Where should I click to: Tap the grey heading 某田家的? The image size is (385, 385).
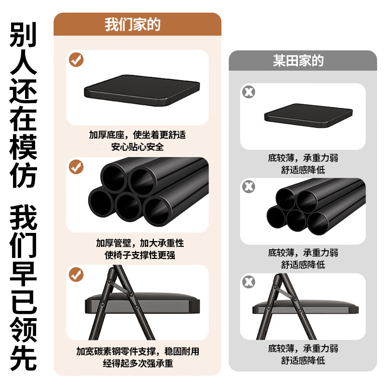click(298, 61)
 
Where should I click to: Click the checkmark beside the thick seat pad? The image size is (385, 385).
click(76, 60)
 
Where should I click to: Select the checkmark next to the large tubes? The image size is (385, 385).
click(76, 167)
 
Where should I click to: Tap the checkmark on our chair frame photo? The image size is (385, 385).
click(76, 275)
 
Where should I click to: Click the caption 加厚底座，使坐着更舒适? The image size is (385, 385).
click(137, 135)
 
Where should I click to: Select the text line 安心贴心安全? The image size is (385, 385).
click(137, 147)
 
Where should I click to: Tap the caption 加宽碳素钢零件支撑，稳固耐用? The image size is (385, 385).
click(138, 352)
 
